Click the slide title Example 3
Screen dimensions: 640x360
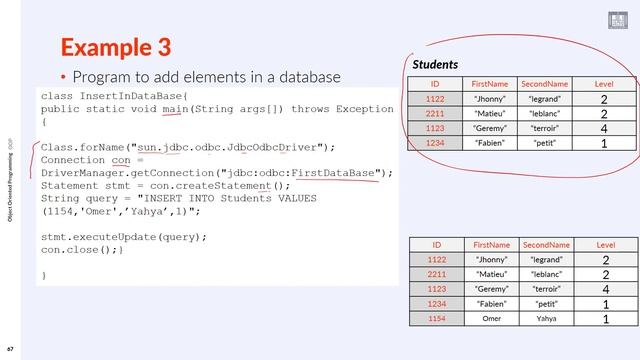115,47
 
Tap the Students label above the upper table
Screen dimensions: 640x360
435,64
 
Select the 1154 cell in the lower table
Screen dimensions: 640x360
435,318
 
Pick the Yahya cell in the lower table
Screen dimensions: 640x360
546,318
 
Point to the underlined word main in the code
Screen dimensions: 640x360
175,108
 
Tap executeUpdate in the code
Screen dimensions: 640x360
125,237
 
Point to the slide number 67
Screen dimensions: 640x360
10,351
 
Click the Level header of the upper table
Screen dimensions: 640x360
604,84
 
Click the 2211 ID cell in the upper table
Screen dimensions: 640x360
435,114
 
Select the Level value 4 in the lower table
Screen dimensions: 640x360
605,289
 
